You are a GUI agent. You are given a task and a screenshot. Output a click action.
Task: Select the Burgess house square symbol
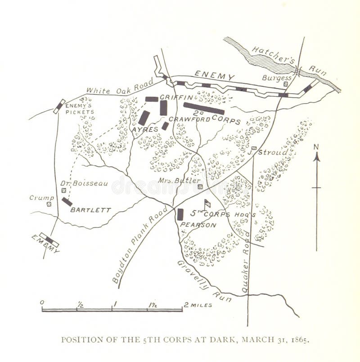[285, 83]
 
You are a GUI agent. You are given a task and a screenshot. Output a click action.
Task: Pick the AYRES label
[145, 129]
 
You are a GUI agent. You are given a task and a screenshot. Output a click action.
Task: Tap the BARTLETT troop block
[67, 202]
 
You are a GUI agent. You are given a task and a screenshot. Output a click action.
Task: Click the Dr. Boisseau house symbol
[64, 190]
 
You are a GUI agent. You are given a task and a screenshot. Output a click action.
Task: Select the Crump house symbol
[49, 204]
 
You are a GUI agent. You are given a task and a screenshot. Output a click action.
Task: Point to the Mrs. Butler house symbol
[200, 186]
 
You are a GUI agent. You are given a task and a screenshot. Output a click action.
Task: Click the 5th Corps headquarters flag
[207, 204]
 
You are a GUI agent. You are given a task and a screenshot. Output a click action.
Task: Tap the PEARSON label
[198, 224]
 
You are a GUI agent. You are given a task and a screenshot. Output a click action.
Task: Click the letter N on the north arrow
[316, 147]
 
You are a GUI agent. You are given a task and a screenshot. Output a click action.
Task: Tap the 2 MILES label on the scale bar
[198, 305]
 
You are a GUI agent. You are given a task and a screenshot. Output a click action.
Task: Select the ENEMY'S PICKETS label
[80, 109]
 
